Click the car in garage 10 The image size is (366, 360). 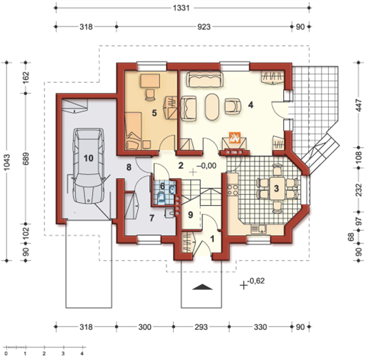point(89,166)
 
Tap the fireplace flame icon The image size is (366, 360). point(234,138)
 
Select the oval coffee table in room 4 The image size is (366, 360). point(212,107)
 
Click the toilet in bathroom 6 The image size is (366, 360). point(162,199)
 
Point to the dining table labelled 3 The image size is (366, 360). point(277,189)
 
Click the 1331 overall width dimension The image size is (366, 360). point(181,8)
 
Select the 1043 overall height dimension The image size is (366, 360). point(7,162)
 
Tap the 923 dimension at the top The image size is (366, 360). point(204,26)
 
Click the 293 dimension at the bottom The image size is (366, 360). point(201,327)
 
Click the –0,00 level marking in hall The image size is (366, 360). point(207,166)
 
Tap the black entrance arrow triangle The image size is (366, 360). point(202,287)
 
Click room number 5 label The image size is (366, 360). point(154,113)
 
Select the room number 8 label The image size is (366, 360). point(129,167)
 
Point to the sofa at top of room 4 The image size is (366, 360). point(205,79)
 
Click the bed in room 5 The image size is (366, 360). point(133,131)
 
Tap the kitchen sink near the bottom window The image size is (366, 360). point(259,229)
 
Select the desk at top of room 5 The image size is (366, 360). point(150,81)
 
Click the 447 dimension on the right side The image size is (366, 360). point(358,105)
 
